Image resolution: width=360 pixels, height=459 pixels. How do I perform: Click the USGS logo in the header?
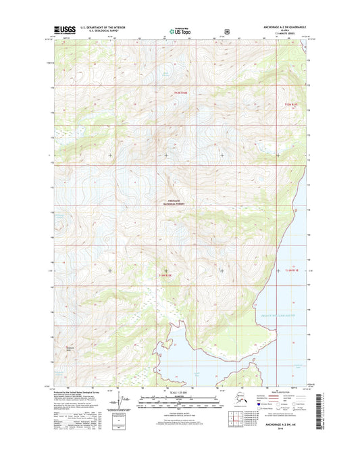(x=65, y=30)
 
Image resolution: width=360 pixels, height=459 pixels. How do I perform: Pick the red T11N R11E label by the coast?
(x=291, y=270)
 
